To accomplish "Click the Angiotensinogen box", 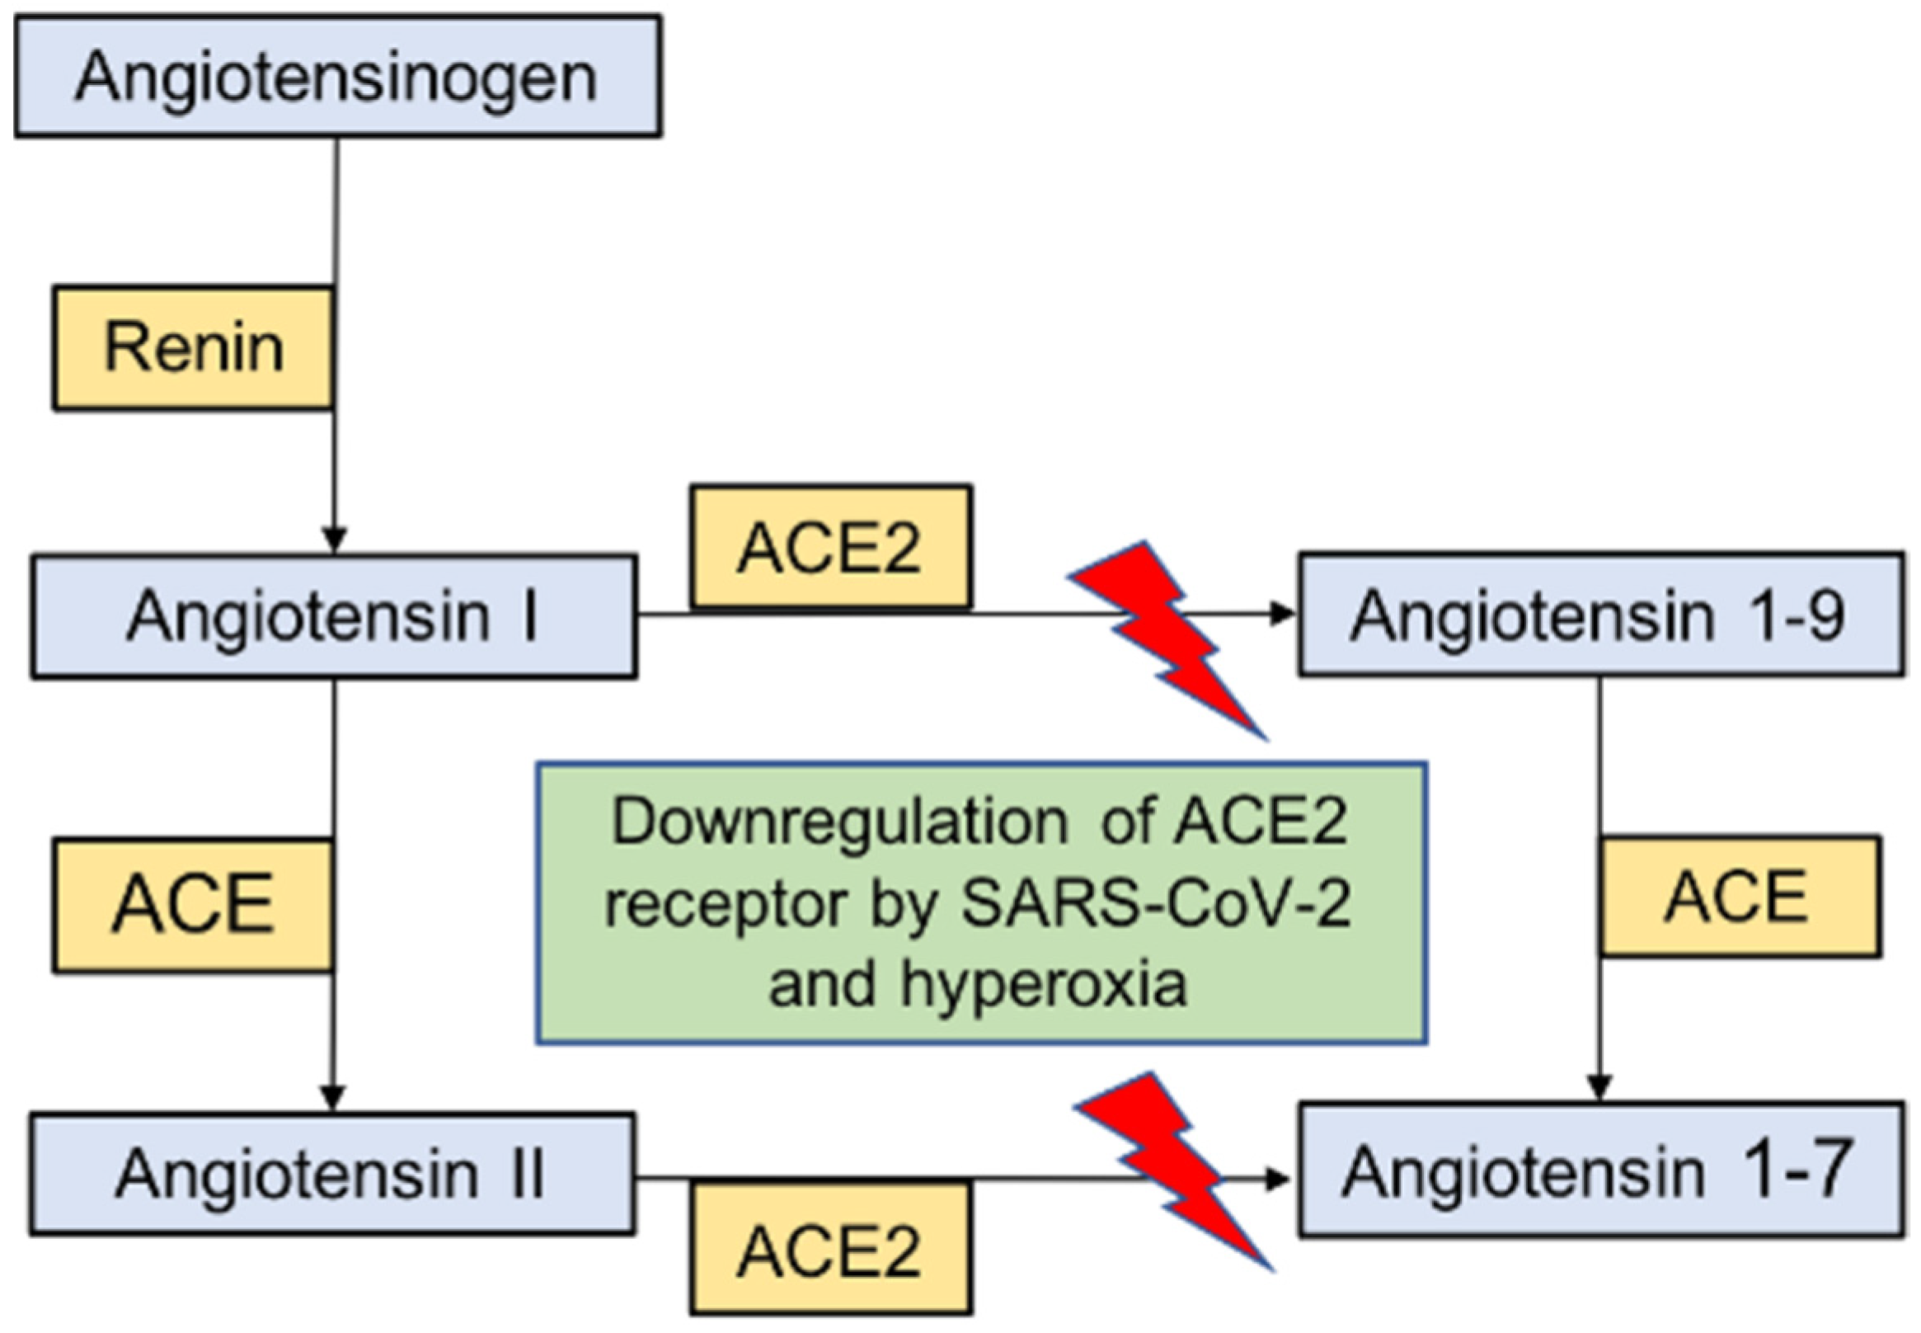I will coord(337,77).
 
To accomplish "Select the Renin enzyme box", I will coord(194,347).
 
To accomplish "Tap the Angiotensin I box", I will coord(334,616).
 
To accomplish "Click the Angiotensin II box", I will coord(331,1174).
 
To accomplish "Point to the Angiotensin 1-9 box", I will coord(1600,615).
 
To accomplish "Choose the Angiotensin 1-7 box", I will coord(1600,1170).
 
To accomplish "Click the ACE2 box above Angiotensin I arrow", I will coord(830,547).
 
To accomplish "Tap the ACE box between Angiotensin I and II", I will coord(194,906).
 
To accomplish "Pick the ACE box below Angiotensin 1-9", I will coord(1740,896).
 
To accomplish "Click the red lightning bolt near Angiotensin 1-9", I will coord(1169,639).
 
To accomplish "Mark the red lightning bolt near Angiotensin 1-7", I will coord(1173,1170).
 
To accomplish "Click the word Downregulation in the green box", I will coord(839,822).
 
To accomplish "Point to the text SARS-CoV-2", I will coord(1155,904).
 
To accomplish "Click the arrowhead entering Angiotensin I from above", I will coord(334,539).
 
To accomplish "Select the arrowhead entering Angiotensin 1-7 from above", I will coord(1599,1087).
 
